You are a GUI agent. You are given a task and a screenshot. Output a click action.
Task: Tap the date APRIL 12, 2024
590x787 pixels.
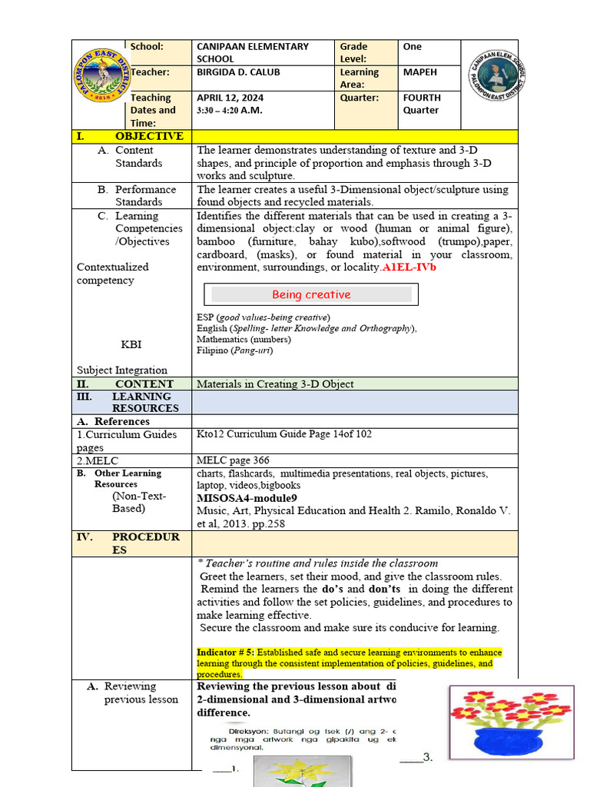click(230, 98)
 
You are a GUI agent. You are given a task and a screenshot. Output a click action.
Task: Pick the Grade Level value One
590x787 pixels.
click(413, 47)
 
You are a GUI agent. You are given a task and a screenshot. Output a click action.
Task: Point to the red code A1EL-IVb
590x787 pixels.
click(409, 267)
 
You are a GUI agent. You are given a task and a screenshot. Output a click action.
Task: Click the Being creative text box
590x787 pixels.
click(311, 294)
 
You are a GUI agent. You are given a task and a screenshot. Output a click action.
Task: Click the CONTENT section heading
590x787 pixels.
click(144, 384)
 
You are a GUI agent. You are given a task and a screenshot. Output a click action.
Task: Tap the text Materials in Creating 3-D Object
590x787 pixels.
click(275, 384)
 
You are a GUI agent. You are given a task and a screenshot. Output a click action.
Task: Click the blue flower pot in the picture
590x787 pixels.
click(500, 739)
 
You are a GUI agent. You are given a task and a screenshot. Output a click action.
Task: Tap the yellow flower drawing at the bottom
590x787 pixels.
click(301, 772)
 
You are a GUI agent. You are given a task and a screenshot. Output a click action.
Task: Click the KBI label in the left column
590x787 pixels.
click(131, 344)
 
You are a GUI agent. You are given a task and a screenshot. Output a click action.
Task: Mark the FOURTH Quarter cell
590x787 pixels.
click(422, 104)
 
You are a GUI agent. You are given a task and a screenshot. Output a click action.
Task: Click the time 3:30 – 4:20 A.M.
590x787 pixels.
click(229, 111)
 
